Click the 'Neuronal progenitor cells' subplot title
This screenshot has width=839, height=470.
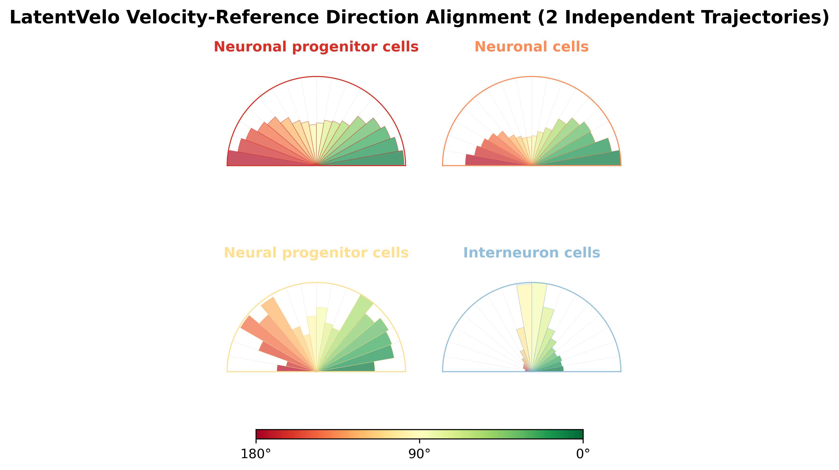tap(316, 47)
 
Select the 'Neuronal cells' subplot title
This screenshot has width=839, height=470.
tap(532, 47)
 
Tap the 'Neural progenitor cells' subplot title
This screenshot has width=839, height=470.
tap(316, 253)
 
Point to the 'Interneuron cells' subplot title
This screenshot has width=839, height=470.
tap(532, 253)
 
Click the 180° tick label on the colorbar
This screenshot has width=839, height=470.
tap(256, 454)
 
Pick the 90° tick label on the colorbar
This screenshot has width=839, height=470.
tap(420, 454)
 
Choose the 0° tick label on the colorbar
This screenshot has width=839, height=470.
tap(583, 454)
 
